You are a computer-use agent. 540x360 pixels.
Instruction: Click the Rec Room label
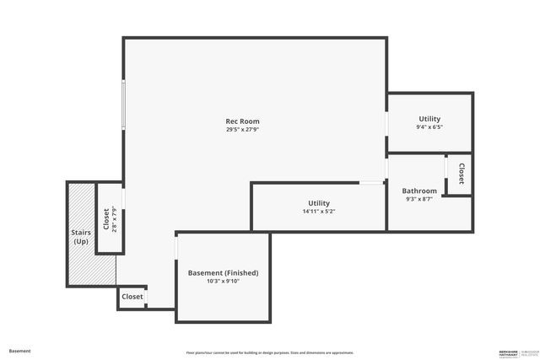click(x=236, y=121)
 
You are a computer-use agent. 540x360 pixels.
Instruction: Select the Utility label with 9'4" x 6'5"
click(x=429, y=119)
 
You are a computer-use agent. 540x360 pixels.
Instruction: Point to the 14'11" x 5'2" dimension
click(x=319, y=212)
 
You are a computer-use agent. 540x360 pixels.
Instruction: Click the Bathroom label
click(x=419, y=191)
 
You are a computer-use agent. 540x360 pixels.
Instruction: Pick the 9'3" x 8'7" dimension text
click(x=419, y=200)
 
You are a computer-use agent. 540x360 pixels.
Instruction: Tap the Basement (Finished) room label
click(x=223, y=273)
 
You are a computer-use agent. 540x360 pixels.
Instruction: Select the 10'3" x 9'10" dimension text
click(x=223, y=282)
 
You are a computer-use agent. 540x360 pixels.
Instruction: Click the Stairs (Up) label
click(x=81, y=236)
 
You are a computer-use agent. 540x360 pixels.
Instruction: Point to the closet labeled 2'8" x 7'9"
click(x=110, y=219)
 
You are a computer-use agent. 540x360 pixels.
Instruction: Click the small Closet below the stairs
click(x=132, y=297)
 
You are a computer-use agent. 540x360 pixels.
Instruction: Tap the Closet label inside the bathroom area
click(x=462, y=175)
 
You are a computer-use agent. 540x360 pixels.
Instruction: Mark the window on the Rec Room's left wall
click(x=124, y=105)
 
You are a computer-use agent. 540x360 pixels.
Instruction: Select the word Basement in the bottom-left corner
click(x=20, y=351)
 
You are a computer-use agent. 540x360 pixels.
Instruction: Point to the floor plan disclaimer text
click(x=270, y=352)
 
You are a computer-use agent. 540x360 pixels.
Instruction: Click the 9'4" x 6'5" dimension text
click(x=429, y=127)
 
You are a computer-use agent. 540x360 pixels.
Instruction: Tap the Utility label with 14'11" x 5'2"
click(x=319, y=203)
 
